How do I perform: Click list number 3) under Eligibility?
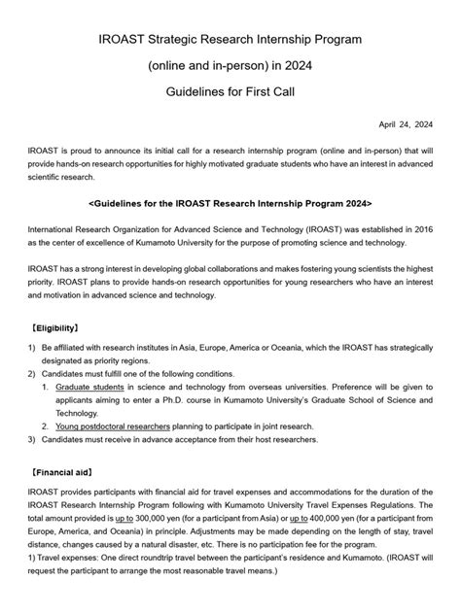32,439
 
